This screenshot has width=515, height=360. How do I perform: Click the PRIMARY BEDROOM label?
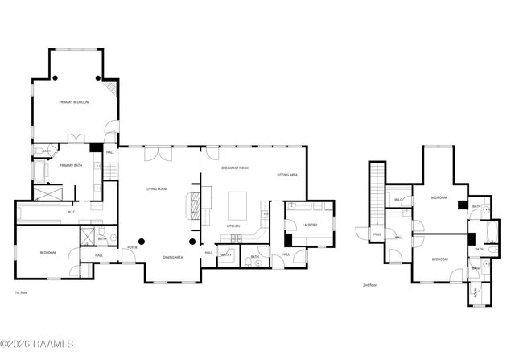click(x=73, y=102)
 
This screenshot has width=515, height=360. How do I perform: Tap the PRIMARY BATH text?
click(x=71, y=165)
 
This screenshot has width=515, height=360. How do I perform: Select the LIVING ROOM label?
click(x=157, y=188)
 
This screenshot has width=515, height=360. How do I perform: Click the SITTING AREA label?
click(x=287, y=175)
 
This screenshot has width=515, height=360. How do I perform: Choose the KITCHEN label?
click(x=233, y=226)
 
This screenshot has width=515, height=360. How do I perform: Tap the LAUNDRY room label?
click(x=310, y=225)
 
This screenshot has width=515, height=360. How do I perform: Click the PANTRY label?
click(x=226, y=255)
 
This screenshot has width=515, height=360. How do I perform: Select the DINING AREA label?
click(x=173, y=257)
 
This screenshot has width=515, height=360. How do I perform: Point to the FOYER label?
click(x=132, y=247)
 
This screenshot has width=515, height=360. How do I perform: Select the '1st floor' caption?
click(x=23, y=292)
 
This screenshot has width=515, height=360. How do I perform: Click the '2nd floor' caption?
click(x=369, y=285)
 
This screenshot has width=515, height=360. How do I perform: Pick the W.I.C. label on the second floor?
click(x=398, y=199)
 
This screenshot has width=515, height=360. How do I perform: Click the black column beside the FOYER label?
click(x=142, y=241)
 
